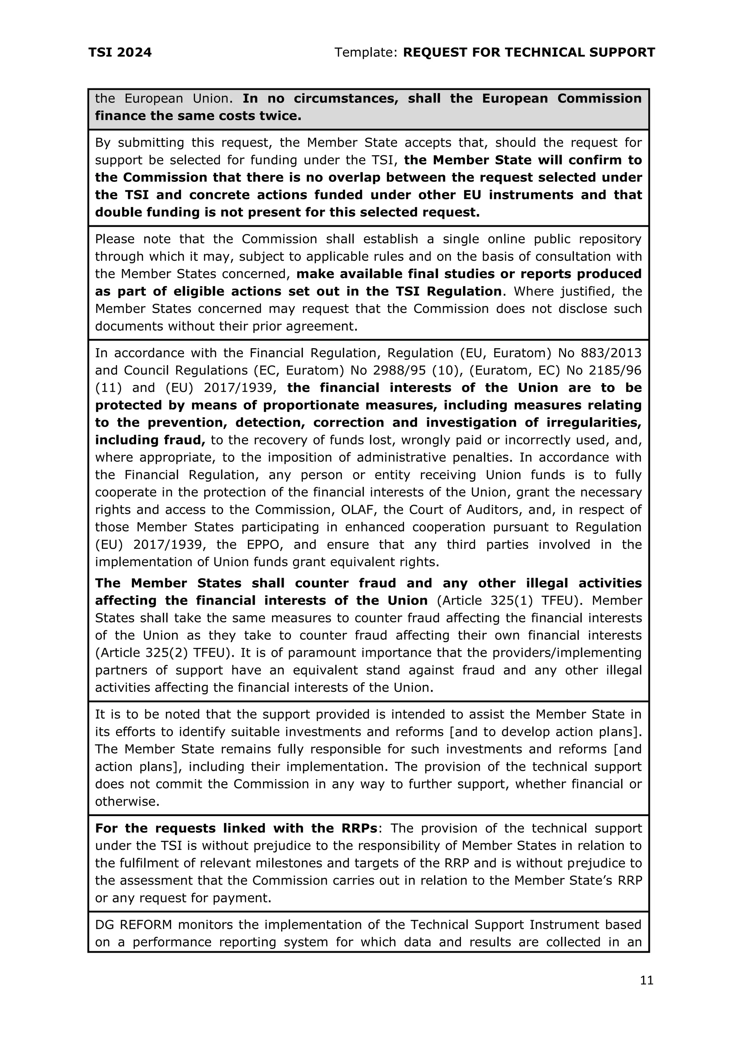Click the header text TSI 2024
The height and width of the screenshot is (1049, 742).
tap(120, 53)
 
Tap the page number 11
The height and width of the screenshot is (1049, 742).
tap(646, 981)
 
